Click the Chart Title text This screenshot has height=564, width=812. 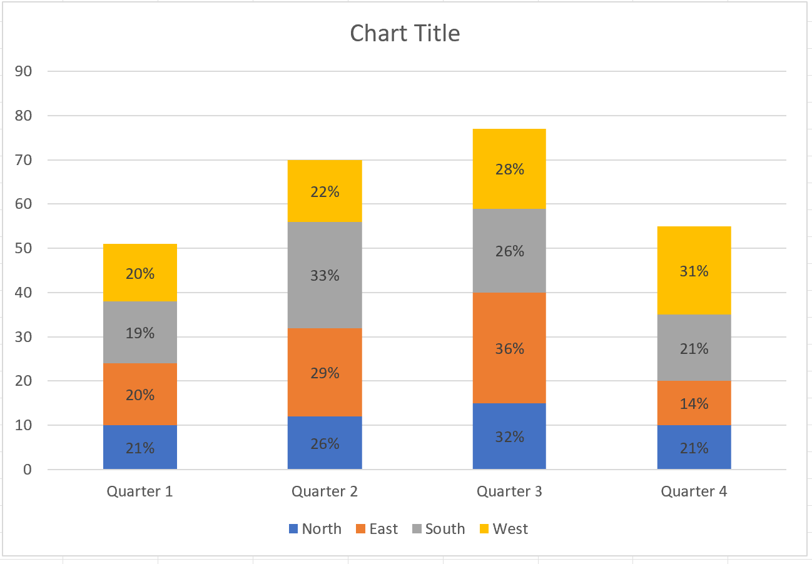click(x=405, y=33)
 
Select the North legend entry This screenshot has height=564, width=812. click(x=315, y=529)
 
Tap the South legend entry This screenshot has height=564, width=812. click(x=439, y=529)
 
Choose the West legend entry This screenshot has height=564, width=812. click(x=503, y=529)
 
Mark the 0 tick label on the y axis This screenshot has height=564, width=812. click(x=27, y=470)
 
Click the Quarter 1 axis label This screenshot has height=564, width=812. click(x=140, y=491)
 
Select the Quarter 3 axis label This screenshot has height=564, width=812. click(x=509, y=491)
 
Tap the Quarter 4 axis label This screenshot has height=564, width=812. click(x=694, y=491)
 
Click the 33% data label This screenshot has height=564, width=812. click(x=325, y=275)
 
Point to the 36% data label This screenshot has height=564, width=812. click(x=509, y=349)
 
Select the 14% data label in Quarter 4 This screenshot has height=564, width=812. click(x=694, y=404)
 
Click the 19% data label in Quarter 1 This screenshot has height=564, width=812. click(x=140, y=333)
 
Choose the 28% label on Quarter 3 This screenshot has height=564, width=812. click(x=509, y=169)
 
